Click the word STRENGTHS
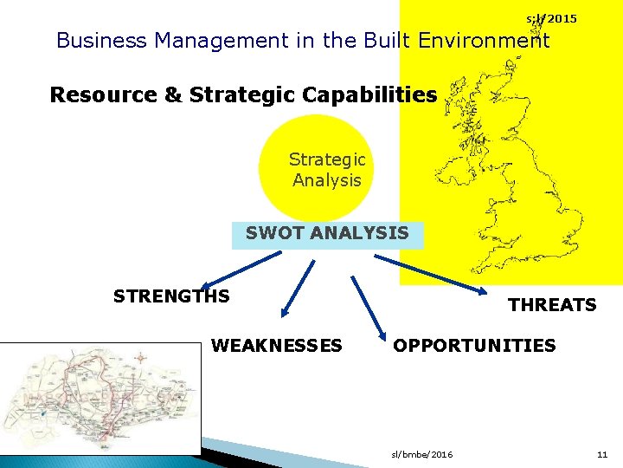(x=171, y=296)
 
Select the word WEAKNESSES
(x=276, y=346)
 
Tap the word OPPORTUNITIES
(x=474, y=346)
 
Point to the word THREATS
(x=552, y=305)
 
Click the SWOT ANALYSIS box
(x=327, y=234)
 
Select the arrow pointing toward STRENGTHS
(x=241, y=267)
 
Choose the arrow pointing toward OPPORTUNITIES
(x=368, y=308)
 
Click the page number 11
(x=602, y=454)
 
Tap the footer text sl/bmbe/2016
(x=421, y=454)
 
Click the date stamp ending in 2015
(x=552, y=18)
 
